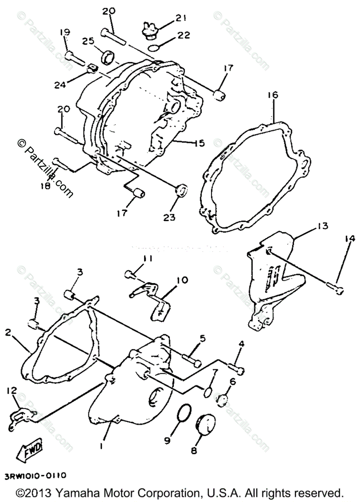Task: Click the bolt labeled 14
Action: [335, 287]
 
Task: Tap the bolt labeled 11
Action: [130, 274]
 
